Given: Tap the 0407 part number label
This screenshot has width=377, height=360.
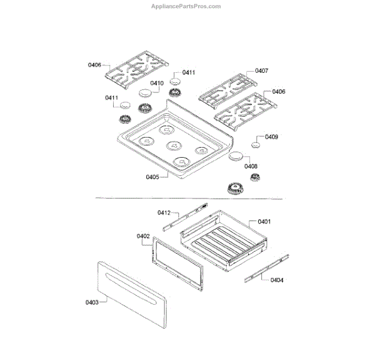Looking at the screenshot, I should pos(261,71).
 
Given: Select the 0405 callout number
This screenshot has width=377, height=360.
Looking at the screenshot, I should pos(153,177).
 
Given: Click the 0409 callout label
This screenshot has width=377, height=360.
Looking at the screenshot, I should pos(271,137).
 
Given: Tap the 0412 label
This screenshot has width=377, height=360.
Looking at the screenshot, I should pos(165,212).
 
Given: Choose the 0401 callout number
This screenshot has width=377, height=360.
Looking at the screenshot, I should pos(264,221).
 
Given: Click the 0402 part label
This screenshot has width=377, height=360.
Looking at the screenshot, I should pos(143,236).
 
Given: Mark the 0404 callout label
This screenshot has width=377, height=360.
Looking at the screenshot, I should pos(276,280).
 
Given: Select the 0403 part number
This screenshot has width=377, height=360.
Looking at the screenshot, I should pos(92,303).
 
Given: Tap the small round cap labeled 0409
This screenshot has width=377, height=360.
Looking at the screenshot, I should pos(256,145).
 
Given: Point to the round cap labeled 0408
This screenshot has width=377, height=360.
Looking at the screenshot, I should pos(236,156).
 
